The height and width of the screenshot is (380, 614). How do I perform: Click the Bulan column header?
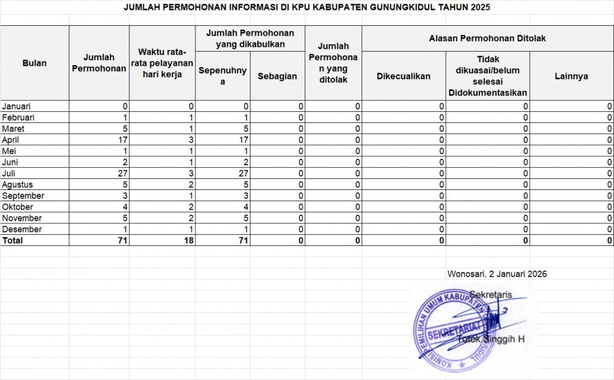point(34,63)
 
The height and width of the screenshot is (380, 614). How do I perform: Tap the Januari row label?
point(17,106)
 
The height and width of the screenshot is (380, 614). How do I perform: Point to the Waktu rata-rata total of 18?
point(188,240)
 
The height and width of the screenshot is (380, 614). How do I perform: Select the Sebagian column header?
point(277,76)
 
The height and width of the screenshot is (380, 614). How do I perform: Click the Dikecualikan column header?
point(403,76)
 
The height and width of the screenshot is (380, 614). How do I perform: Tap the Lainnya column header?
point(571,76)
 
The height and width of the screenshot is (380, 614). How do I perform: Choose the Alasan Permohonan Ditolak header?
point(488,38)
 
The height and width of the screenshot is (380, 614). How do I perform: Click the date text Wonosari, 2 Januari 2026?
point(497,274)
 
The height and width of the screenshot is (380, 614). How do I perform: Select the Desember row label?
point(21,229)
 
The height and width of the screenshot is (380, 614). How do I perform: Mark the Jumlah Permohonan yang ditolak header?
point(333,63)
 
